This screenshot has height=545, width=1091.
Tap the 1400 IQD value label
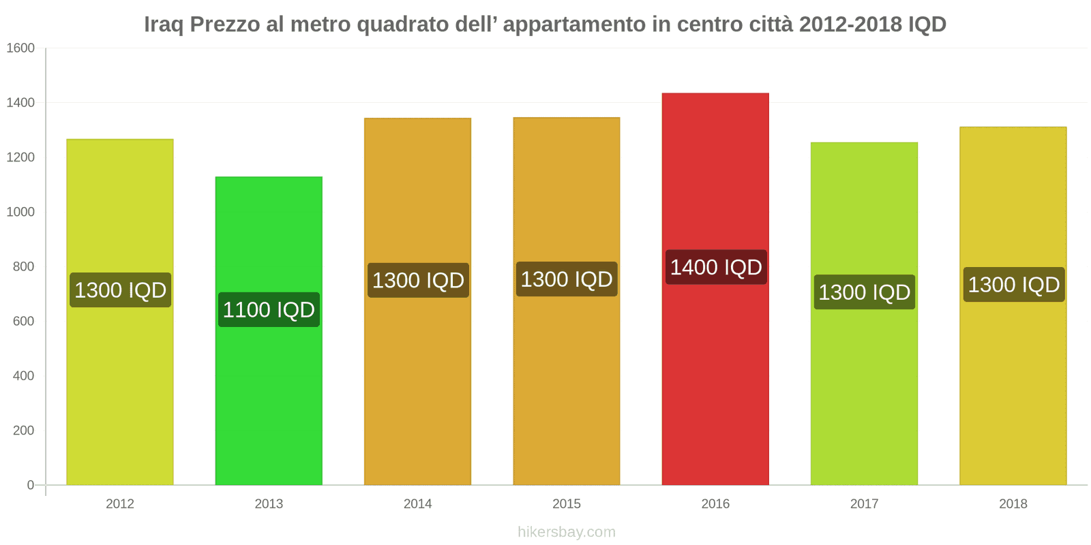[715, 267]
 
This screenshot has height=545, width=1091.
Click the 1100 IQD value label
[269, 310]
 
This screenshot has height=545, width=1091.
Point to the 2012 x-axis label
[120, 503]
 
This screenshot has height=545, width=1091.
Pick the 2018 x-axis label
[1013, 503]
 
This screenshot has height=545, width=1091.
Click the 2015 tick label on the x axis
[567, 503]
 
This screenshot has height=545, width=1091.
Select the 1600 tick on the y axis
[20, 48]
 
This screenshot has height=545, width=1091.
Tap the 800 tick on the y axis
[23, 266]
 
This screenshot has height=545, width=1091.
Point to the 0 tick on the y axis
[30, 485]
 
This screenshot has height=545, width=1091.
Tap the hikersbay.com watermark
[567, 532]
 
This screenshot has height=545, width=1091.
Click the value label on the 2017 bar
[864, 292]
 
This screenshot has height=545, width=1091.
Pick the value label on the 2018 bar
[1013, 285]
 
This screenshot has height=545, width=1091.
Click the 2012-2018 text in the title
[850, 25]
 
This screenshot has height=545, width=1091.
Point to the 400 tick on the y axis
[23, 375]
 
